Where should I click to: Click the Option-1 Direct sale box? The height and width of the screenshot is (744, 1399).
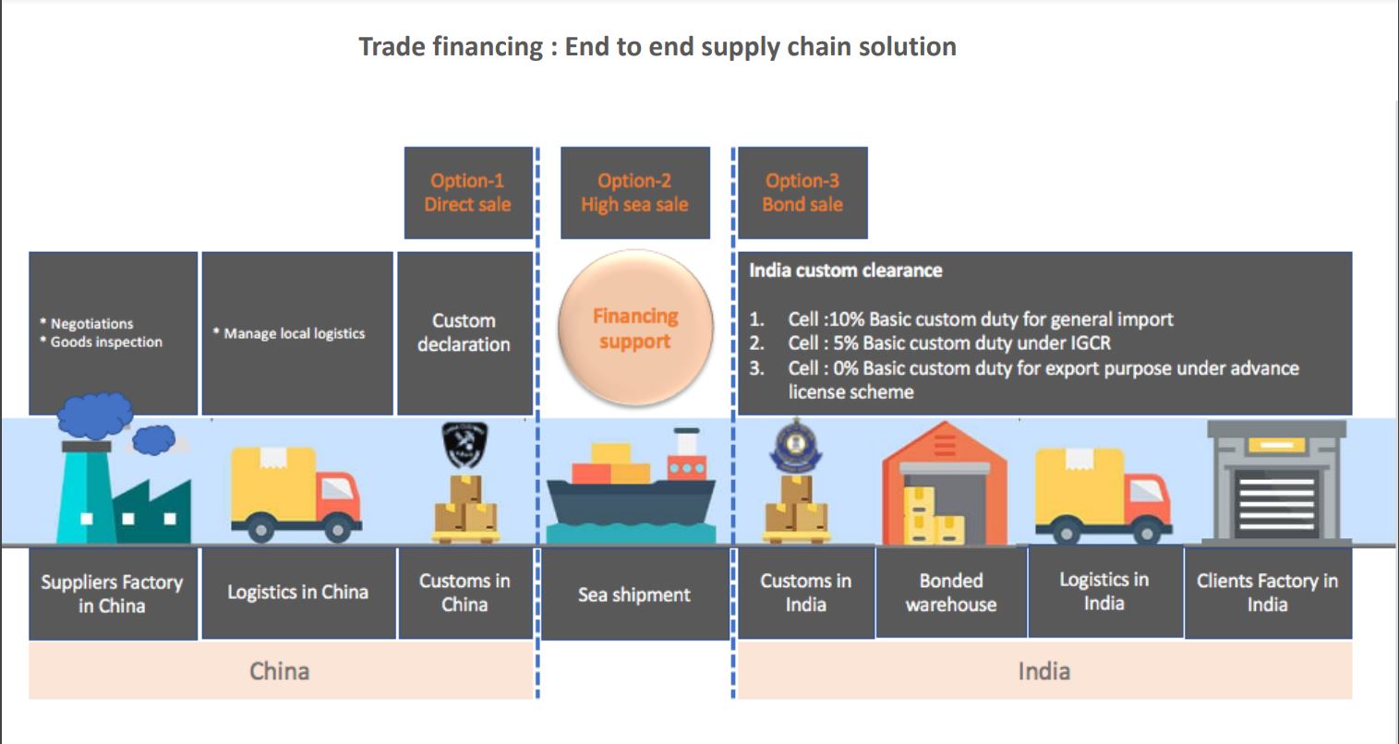[x=468, y=193]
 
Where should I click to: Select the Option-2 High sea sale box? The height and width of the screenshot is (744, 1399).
[x=634, y=193]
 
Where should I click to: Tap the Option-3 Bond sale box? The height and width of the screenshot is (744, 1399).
[x=802, y=193]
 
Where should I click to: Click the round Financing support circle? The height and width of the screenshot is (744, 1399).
[x=634, y=330]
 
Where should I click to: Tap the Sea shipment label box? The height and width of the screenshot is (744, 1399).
[x=634, y=594]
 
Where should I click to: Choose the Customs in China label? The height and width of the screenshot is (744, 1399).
[x=464, y=593]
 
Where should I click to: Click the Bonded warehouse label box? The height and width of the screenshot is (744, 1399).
[x=951, y=593]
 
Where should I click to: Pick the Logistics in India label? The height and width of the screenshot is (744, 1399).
[x=1104, y=592]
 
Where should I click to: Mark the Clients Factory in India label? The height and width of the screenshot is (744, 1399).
[x=1267, y=593]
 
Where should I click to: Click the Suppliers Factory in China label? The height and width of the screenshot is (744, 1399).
[x=112, y=594]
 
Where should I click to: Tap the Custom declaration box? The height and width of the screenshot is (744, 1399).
[x=464, y=333]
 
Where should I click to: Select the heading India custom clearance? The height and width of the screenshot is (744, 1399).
[x=846, y=270]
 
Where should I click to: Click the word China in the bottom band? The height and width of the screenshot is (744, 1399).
[x=279, y=670]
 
